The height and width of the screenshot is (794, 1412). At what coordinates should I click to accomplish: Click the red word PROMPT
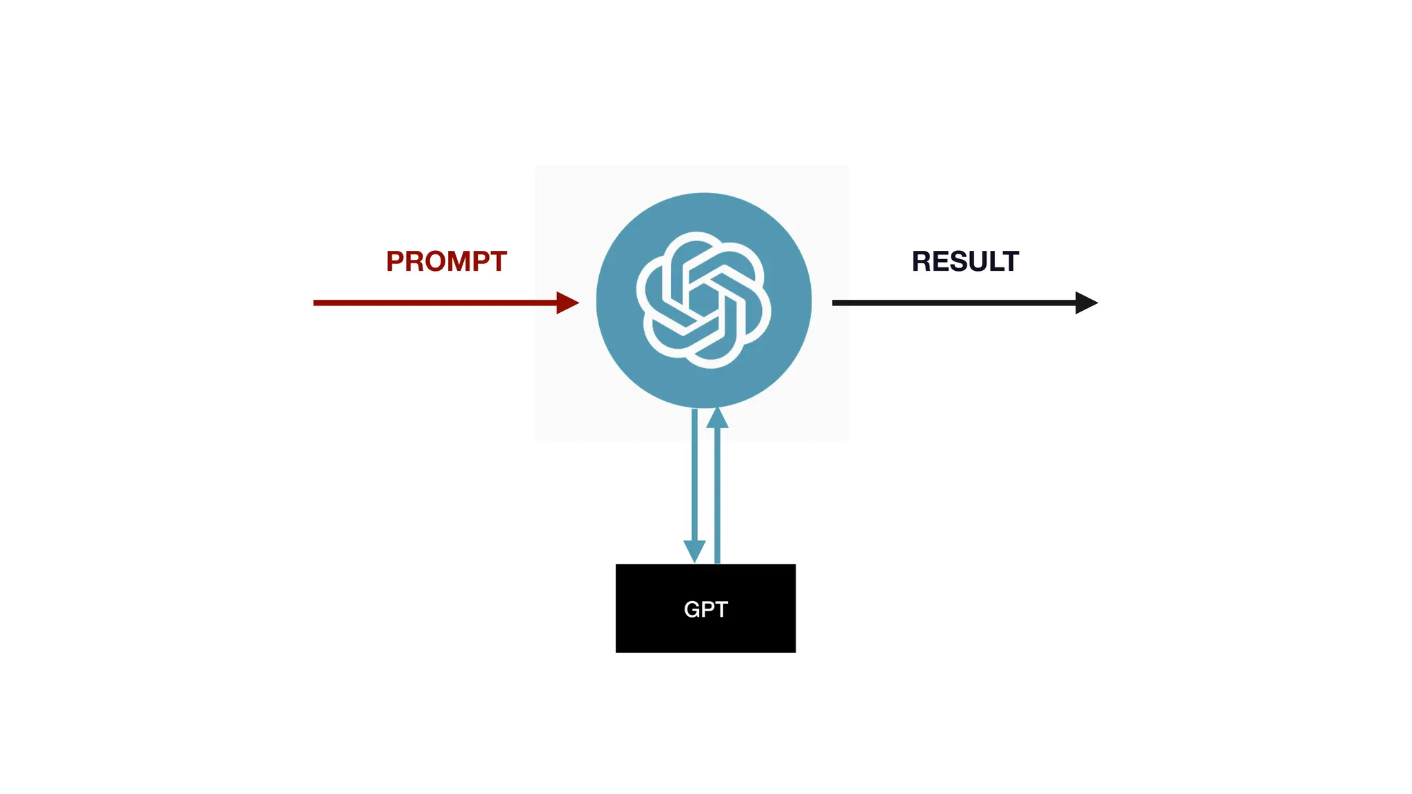point(446,262)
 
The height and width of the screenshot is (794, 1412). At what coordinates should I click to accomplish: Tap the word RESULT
point(965,262)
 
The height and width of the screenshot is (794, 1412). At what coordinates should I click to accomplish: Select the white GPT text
point(705,609)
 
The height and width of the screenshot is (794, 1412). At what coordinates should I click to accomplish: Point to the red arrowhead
point(567,303)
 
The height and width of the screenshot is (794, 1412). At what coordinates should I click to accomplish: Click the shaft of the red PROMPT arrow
point(434,303)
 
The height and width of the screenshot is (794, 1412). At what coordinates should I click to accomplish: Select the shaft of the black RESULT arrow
point(951,303)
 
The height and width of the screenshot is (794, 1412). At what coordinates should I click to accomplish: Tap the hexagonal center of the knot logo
point(703,301)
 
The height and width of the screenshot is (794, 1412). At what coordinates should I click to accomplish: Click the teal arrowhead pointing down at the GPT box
point(694,551)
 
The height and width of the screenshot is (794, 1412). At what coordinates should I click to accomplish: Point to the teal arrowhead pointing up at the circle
point(717,418)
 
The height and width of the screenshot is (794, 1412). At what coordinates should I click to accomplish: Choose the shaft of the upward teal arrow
point(717,496)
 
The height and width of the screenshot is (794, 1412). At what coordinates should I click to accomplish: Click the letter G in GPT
point(692,609)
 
